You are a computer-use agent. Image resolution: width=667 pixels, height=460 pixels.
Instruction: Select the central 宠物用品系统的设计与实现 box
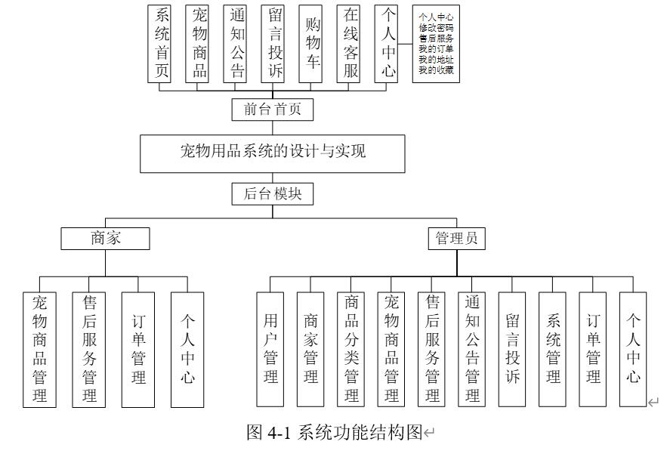272,152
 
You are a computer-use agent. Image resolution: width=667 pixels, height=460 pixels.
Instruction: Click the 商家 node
105,239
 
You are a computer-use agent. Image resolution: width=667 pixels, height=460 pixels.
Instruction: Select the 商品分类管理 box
351,347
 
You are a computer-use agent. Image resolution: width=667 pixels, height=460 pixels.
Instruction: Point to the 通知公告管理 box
472,347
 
